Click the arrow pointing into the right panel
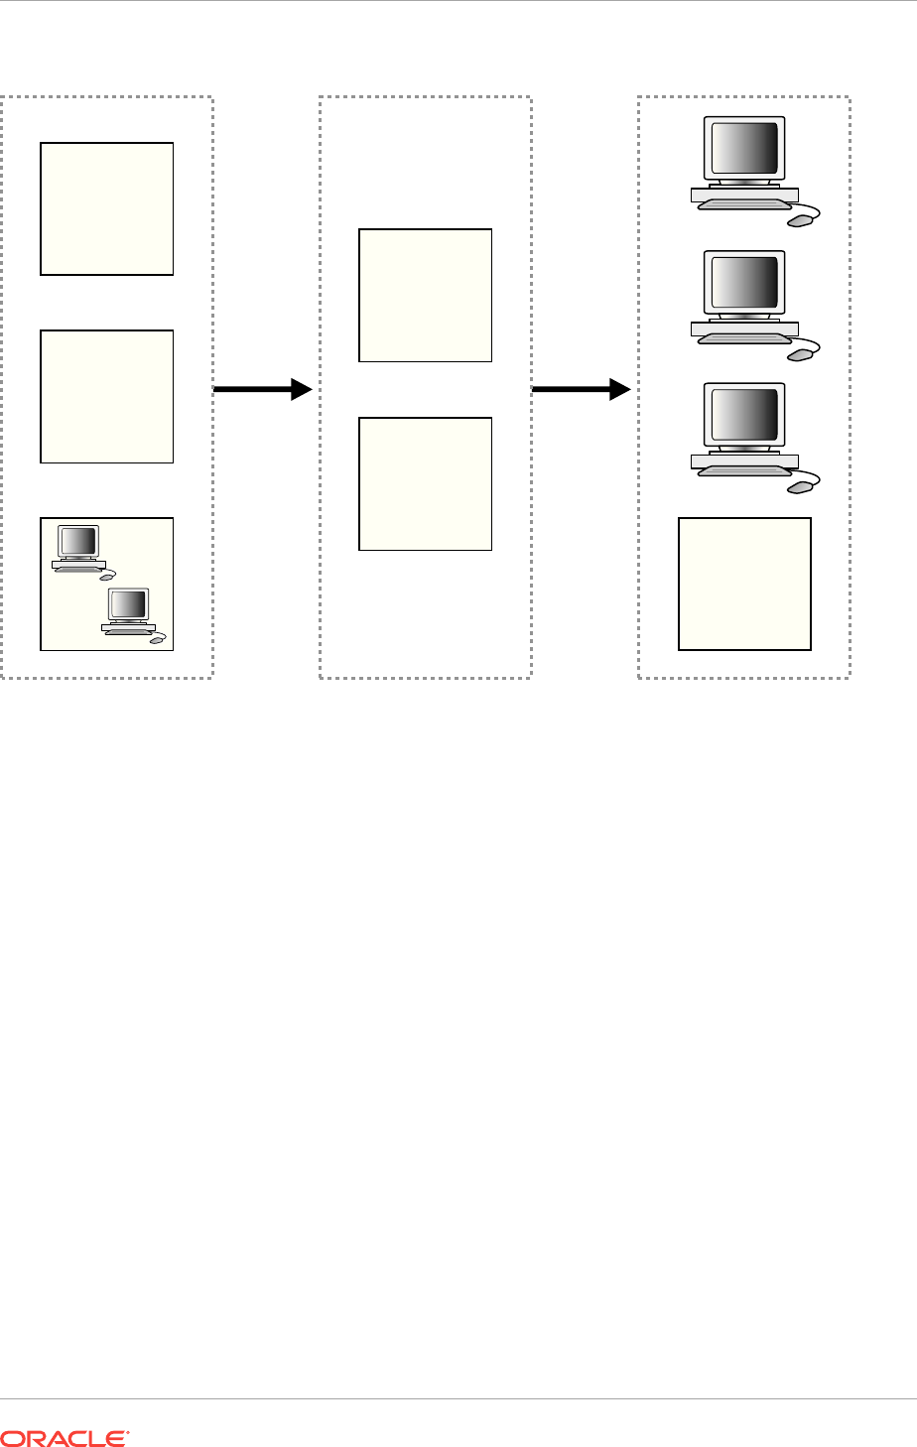(582, 389)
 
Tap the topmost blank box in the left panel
(107, 208)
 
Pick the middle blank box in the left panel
(107, 396)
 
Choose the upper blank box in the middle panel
(425, 295)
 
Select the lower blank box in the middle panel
(425, 483)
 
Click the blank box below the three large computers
(744, 584)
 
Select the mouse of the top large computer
(800, 220)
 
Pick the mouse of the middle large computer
(800, 353)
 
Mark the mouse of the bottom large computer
(800, 486)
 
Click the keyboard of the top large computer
(744, 205)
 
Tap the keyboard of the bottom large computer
(744, 471)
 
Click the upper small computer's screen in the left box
(79, 541)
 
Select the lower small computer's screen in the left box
(129, 603)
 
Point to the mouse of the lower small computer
(157, 641)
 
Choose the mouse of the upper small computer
(107, 579)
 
